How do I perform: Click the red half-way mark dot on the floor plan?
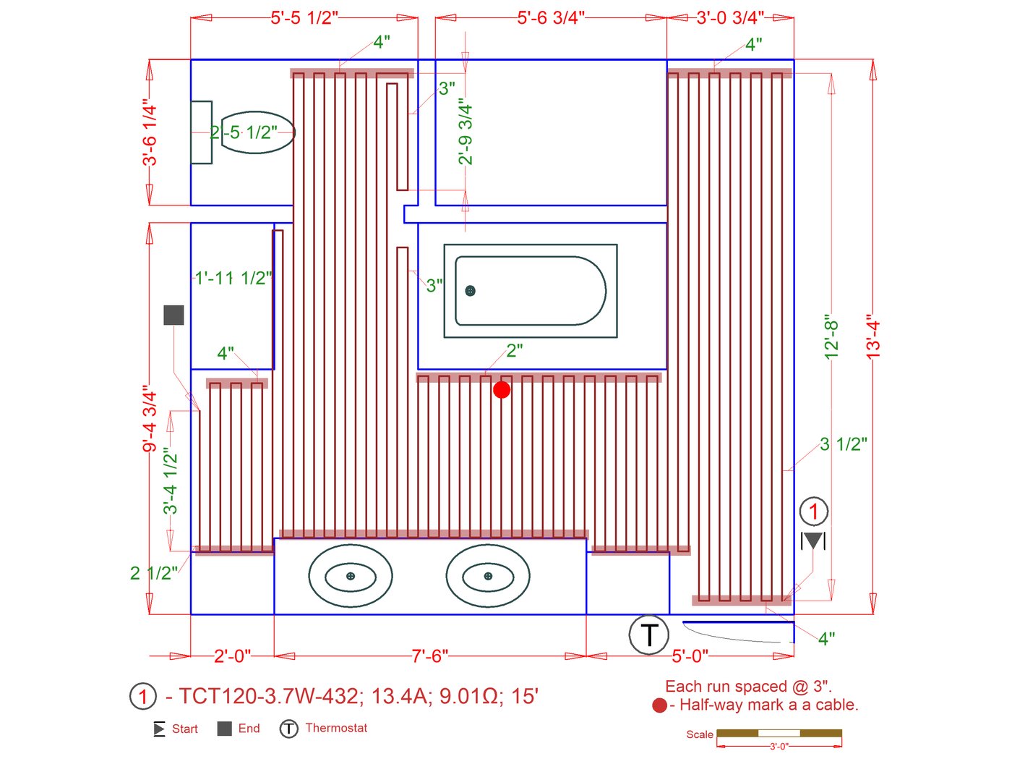(x=501, y=390)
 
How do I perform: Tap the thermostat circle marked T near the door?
(x=648, y=635)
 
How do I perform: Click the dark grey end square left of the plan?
(x=173, y=315)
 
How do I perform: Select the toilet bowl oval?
(x=258, y=132)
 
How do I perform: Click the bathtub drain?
(x=470, y=291)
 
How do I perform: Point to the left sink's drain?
(x=351, y=576)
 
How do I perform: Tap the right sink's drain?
(x=488, y=576)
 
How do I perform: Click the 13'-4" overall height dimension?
(x=873, y=337)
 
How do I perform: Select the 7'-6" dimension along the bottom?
(x=429, y=656)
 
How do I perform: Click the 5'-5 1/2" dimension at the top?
(x=304, y=18)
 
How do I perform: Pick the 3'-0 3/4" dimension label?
(x=730, y=18)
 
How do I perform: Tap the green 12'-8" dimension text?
(x=831, y=337)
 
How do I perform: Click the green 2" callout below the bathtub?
(x=515, y=351)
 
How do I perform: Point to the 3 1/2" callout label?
(x=844, y=444)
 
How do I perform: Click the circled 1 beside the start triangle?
(x=814, y=512)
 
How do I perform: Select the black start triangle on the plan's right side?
(x=812, y=540)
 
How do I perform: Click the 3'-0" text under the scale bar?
(x=779, y=746)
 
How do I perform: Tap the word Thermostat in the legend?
(x=336, y=728)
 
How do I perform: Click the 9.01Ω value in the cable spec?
(x=469, y=696)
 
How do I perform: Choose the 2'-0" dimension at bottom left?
(x=232, y=656)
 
